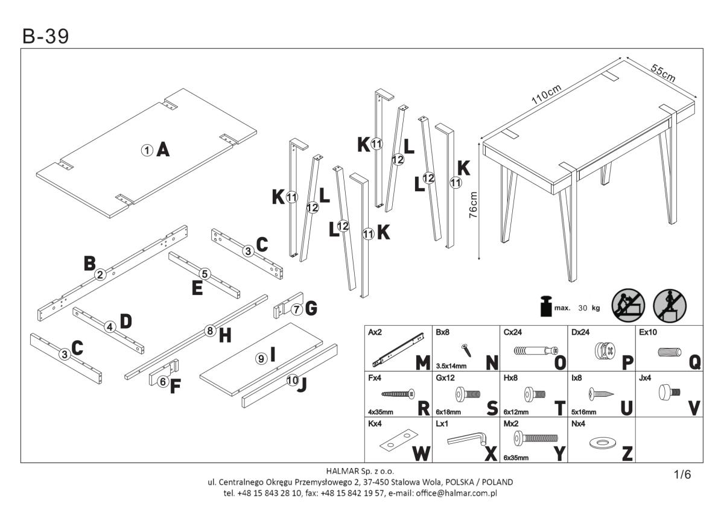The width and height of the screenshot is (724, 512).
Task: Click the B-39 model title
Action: [46, 37]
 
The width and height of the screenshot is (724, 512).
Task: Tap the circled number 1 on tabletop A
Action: [146, 150]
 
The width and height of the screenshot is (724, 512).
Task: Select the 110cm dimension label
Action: [547, 96]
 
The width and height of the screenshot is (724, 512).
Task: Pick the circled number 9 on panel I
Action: [261, 358]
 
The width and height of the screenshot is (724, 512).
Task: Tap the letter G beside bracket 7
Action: [311, 309]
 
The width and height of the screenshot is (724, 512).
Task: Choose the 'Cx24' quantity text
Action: [513, 332]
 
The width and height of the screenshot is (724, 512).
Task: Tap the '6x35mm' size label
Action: [516, 458]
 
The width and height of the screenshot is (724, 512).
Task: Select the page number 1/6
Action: [682, 475]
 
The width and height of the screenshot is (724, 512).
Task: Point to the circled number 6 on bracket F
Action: [163, 382]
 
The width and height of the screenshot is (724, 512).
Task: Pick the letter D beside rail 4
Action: [125, 321]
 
